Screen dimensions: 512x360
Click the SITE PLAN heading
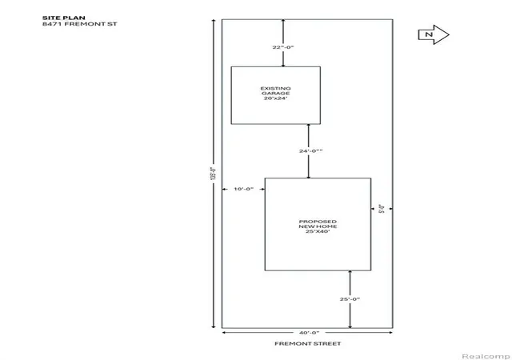[x=64, y=18]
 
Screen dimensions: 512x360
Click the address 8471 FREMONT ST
[x=80, y=24]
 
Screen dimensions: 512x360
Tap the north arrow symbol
[x=434, y=34]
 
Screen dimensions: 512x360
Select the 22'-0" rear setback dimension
[x=283, y=47]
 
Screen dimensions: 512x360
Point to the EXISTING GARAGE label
[x=275, y=91]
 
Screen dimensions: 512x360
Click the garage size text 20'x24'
[x=275, y=98]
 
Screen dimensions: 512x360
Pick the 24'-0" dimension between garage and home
[x=311, y=151]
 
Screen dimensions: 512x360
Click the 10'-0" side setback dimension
[x=243, y=189]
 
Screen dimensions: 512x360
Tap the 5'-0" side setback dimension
[x=382, y=209]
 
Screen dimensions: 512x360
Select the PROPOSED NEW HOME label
[x=318, y=224]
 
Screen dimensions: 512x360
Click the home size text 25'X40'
[x=318, y=231]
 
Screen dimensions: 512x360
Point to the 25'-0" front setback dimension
[x=350, y=299]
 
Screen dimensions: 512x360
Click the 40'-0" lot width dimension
[x=310, y=333]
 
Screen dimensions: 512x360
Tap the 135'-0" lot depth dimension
[x=214, y=174]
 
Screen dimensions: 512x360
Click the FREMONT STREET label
[x=307, y=344]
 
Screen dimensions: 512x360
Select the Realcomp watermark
[x=486, y=356]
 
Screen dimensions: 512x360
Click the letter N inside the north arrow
[x=429, y=34]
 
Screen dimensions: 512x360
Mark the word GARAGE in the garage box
[x=275, y=93]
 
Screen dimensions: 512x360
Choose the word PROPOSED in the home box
[x=318, y=222]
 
